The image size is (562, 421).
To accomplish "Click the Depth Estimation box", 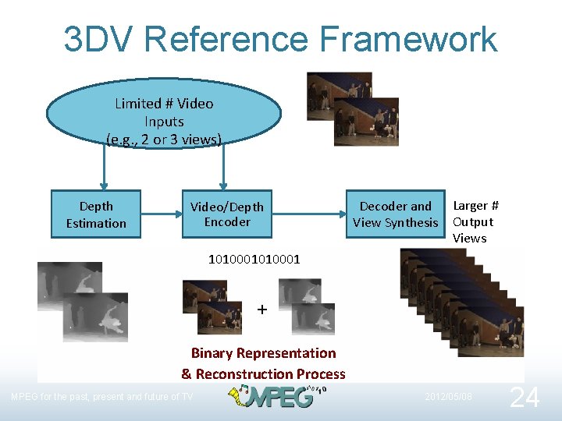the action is coord(96,214).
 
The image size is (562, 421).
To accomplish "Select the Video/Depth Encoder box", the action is coord(227,214).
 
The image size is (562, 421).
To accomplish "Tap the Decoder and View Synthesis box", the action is coord(396,214).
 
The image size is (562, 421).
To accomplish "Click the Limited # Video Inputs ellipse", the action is coord(163,118).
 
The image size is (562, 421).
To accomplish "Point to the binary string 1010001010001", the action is coord(254,258).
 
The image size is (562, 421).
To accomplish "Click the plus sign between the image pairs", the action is coord(262,310).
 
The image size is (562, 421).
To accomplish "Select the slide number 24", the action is coord(524,398).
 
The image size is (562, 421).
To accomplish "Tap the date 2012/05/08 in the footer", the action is coord(449,397).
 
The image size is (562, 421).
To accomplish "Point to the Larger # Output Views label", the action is coord(474,222).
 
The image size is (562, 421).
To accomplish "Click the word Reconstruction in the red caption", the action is coord(250,374).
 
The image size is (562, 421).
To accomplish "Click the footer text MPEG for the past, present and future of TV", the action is coord(101,397).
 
